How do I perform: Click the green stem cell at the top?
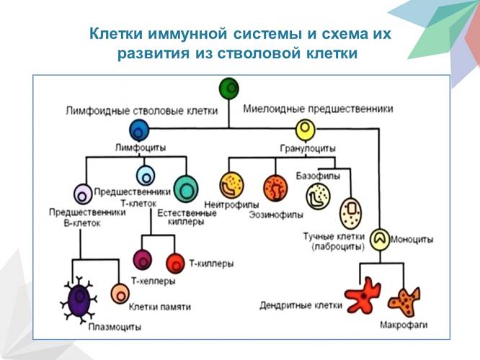point(229,88)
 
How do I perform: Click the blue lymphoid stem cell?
point(139,130)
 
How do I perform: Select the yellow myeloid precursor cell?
point(306,130)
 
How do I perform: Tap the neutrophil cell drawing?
point(232,186)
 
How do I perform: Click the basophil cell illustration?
point(318,197)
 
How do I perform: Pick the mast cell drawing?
point(351,212)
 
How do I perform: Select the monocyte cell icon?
point(381,238)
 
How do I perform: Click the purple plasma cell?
point(79,298)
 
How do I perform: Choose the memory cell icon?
point(120,293)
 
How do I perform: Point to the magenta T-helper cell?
point(142,260)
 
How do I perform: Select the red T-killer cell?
point(175,263)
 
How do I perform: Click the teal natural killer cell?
point(186,189)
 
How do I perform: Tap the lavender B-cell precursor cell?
point(82,193)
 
